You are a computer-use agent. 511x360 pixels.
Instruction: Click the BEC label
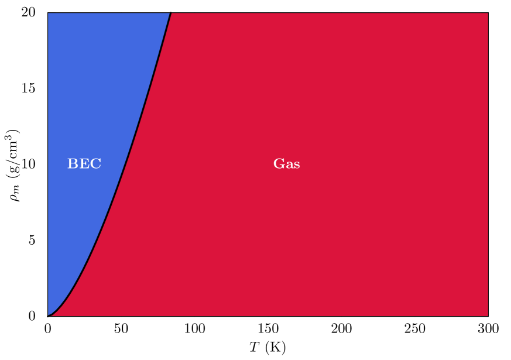click(84, 164)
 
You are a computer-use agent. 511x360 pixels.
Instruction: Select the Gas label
click(286, 164)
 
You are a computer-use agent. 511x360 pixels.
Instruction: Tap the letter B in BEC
click(73, 164)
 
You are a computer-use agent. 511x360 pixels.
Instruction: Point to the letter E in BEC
click(84, 164)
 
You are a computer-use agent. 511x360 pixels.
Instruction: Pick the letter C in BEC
click(96, 164)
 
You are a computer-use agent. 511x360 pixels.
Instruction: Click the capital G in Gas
click(279, 164)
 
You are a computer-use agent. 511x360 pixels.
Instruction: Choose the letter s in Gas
click(296, 165)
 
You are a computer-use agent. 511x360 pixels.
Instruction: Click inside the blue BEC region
click(88, 88)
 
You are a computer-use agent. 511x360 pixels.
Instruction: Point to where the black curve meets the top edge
click(170, 13)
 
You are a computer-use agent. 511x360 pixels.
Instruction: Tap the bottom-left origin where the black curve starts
click(49, 316)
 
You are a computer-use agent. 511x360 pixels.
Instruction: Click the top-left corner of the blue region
click(49, 13)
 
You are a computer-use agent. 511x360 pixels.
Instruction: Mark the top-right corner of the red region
click(487, 13)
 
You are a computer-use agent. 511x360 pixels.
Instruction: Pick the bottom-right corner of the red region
click(487, 316)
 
